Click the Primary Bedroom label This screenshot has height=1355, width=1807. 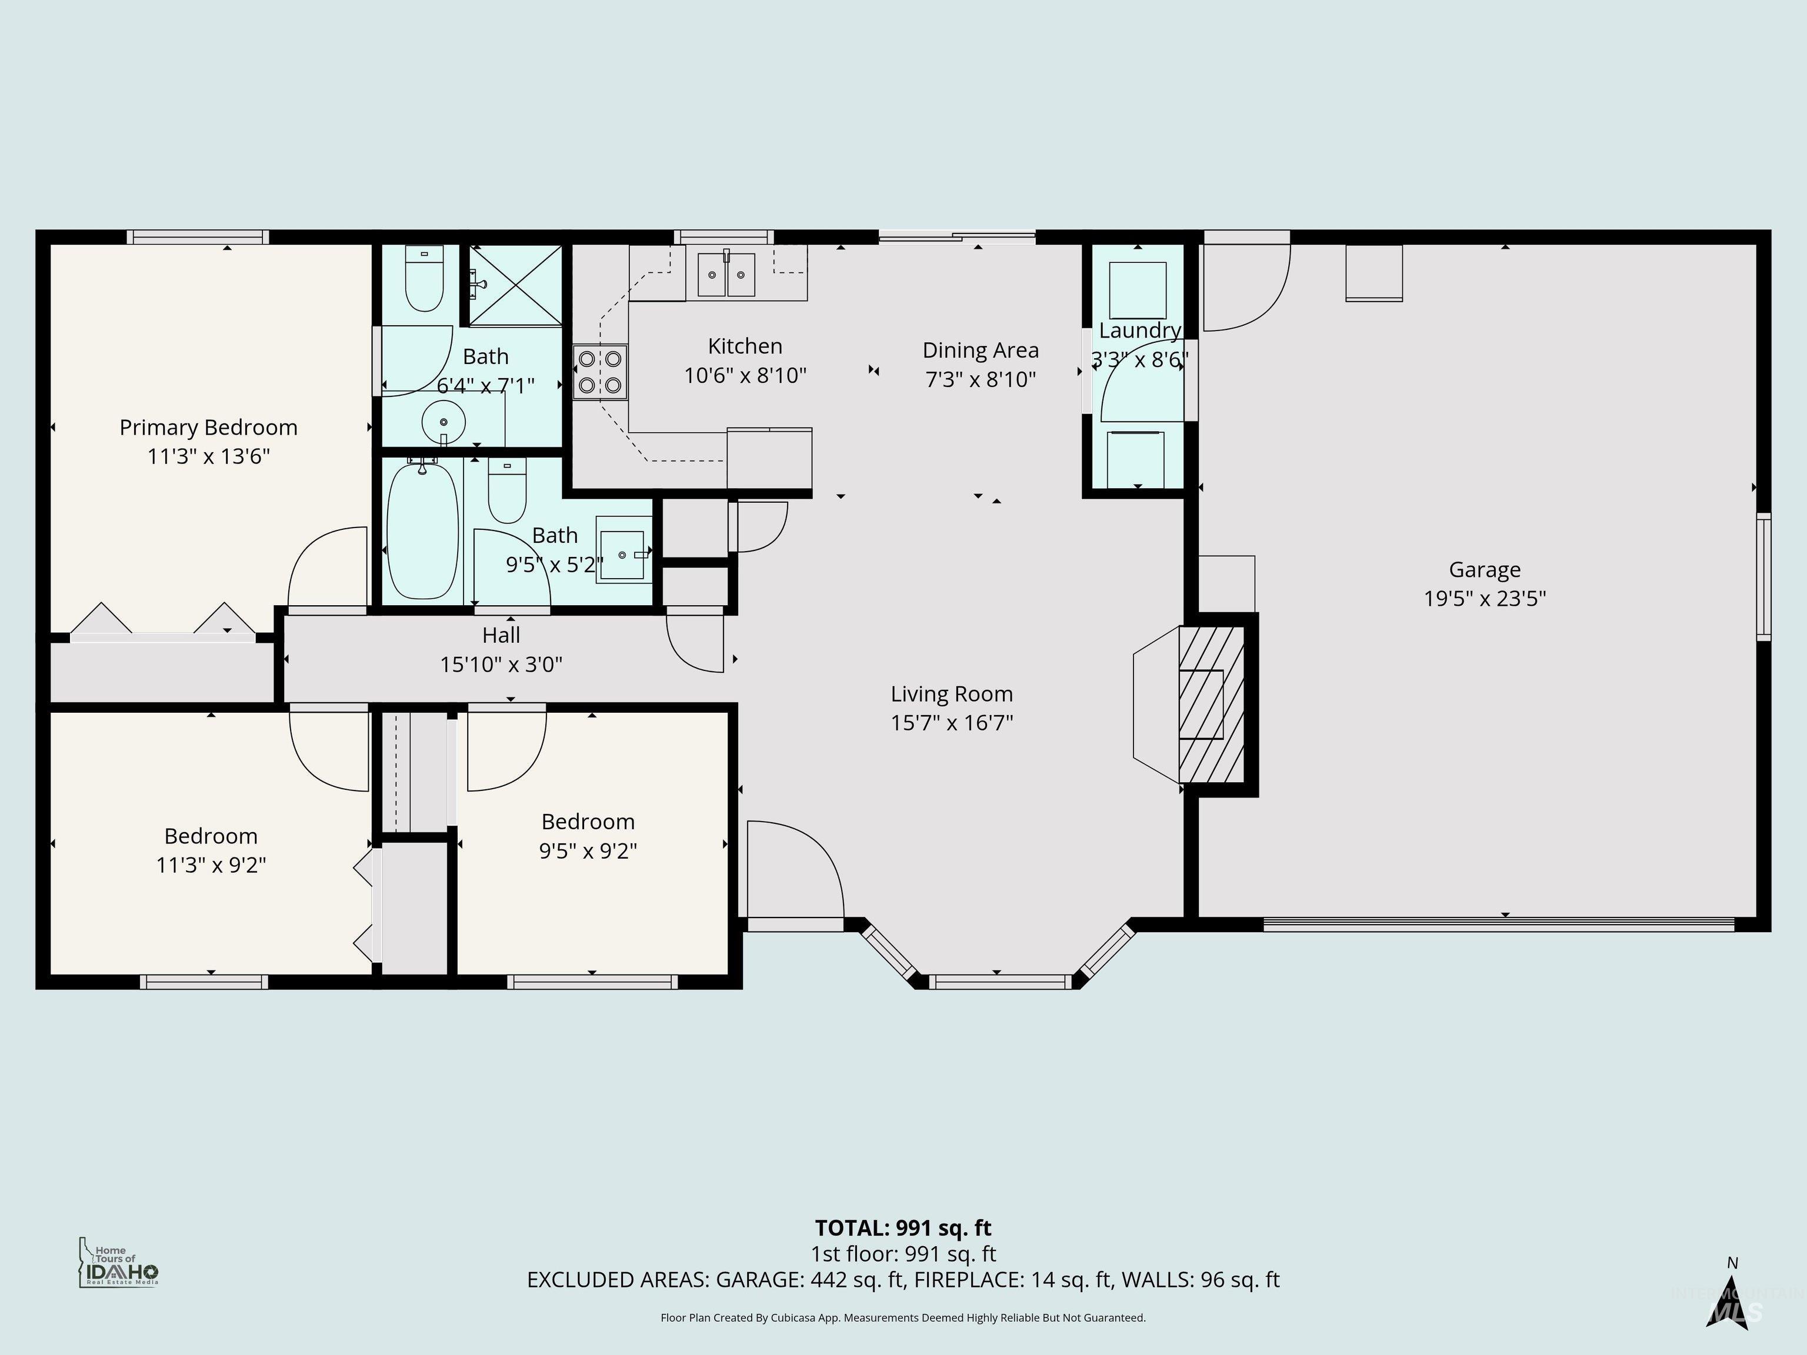[x=208, y=427]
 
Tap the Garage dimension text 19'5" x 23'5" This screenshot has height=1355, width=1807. [x=1484, y=599]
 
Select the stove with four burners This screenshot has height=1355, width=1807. [x=599, y=372]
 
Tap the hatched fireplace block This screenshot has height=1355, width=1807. [x=1211, y=704]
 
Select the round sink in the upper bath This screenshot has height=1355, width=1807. [x=444, y=422]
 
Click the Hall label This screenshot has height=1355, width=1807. [x=501, y=635]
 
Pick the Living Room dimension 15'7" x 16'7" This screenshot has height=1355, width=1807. [x=952, y=723]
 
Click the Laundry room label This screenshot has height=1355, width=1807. [x=1139, y=331]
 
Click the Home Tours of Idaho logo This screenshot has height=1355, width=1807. [x=118, y=1263]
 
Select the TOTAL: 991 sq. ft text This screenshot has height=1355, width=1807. [x=903, y=1227]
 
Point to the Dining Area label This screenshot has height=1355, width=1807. [x=981, y=351]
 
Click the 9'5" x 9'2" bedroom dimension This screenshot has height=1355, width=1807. [x=588, y=851]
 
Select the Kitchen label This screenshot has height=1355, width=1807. [x=744, y=346]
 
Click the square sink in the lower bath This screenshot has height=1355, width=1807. [x=622, y=555]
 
